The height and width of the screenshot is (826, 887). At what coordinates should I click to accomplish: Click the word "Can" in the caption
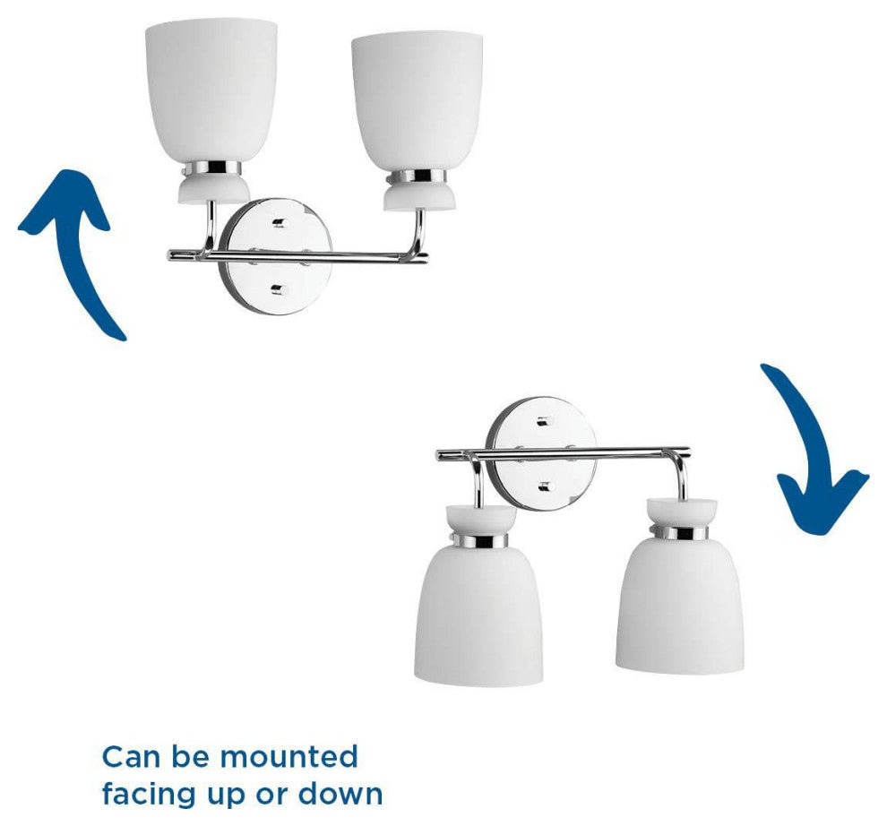pos(133,757)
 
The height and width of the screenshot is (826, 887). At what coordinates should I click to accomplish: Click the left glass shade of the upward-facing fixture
pos(211,91)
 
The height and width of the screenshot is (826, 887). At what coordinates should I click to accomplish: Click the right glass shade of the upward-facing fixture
pos(417,100)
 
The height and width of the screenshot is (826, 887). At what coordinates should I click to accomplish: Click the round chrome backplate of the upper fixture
pos(275,255)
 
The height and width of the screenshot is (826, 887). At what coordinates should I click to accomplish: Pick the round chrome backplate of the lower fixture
pos(541,454)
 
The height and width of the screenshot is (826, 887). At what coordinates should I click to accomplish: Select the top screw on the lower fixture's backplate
pos(544,421)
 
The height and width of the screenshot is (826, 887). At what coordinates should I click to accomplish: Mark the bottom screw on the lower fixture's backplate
pos(544,486)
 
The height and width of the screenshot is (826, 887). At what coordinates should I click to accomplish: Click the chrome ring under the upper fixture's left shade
pos(210,168)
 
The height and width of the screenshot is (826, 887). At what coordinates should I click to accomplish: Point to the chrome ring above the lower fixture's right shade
pos(679,533)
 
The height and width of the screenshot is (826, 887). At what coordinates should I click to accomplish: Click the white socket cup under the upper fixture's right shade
pos(419,196)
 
